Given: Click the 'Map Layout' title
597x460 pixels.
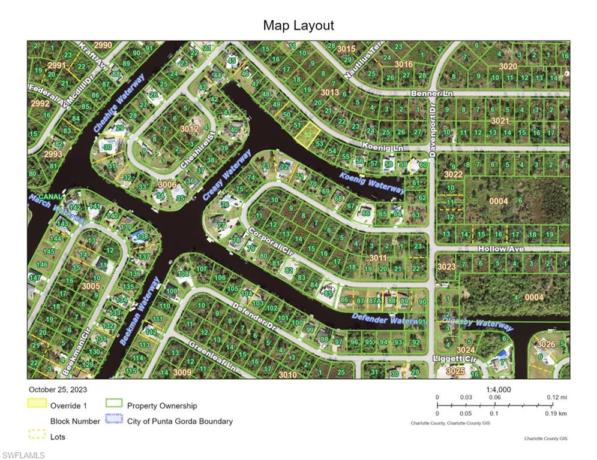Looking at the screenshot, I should tap(298, 25).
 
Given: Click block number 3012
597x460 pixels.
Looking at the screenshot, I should tap(190, 129).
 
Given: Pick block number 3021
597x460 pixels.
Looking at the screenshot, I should tap(500, 121).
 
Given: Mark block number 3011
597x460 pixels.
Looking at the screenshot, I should tap(378, 258).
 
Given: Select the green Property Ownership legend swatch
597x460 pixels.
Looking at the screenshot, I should tap(113, 404).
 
